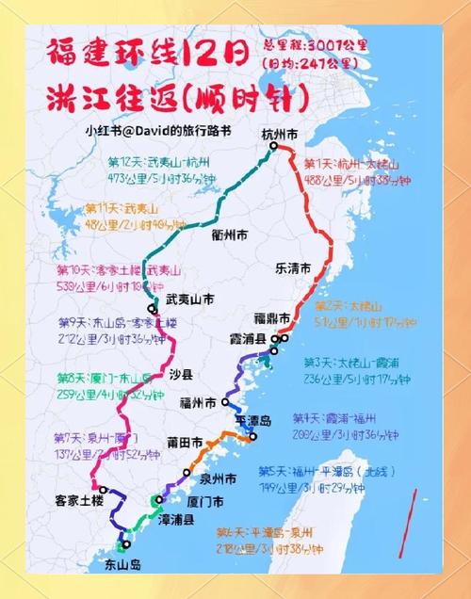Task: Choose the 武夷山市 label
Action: (189, 300)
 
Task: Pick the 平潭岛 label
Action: (252, 420)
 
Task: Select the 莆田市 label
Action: (184, 441)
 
